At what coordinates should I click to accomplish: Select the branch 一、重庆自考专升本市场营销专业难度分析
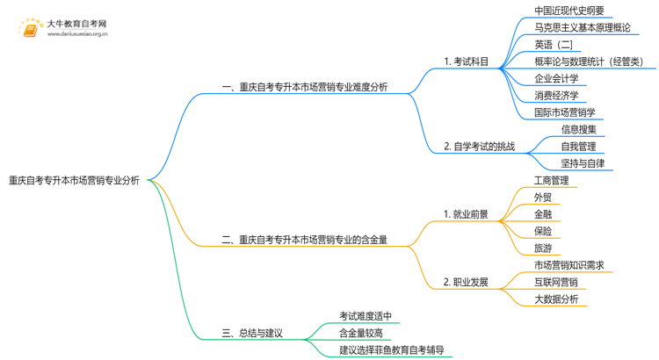point(305,87)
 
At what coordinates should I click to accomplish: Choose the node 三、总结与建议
point(253,333)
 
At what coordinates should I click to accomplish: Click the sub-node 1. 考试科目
point(467,61)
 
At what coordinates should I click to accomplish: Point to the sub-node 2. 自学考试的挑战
point(479,146)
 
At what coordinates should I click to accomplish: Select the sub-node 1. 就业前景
point(466,213)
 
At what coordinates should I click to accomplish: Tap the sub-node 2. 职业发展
point(466,282)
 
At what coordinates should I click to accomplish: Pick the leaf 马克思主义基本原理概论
point(582,28)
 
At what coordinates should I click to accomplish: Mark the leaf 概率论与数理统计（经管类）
point(588,61)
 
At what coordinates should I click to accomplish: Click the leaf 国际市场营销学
point(564,112)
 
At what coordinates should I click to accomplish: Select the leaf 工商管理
point(551,181)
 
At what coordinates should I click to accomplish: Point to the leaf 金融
point(542,214)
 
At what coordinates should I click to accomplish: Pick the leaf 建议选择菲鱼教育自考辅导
point(391,349)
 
